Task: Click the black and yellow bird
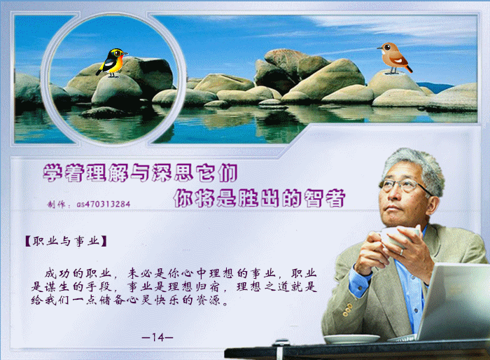coord(111,62)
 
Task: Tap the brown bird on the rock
coord(394,58)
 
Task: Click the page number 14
coord(157,337)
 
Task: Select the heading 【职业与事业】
coord(66,241)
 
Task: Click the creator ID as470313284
coord(104,205)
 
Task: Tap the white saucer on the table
coord(351,339)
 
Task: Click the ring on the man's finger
coord(402,252)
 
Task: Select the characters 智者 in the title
coord(324,198)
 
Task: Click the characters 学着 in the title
coord(64,173)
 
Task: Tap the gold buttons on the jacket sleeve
coord(347,310)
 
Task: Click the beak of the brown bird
coord(379,48)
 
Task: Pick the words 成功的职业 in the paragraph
coord(78,273)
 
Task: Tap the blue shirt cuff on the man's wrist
coord(359,279)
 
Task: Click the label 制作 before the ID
coord(56,205)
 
